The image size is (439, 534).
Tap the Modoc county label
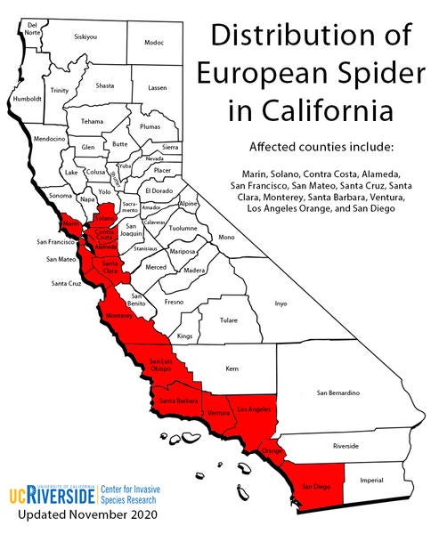click(x=154, y=43)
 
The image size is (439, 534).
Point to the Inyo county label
click(x=280, y=303)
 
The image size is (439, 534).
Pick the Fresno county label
click(x=174, y=302)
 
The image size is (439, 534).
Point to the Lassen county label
click(x=157, y=88)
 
